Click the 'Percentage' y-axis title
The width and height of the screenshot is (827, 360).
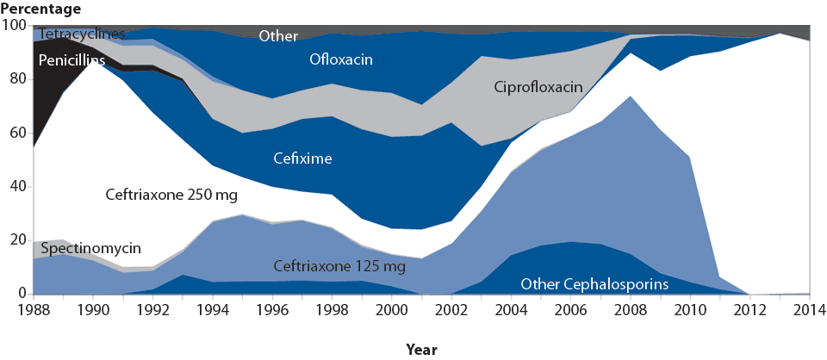41,9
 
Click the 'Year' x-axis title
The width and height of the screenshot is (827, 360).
421,349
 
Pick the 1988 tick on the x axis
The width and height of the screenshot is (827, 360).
33,309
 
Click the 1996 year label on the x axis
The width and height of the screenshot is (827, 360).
272,309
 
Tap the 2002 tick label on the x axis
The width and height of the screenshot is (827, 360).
451,309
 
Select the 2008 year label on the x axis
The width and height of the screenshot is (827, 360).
631,309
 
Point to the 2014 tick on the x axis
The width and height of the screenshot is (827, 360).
809,309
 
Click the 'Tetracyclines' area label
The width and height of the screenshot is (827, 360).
81,34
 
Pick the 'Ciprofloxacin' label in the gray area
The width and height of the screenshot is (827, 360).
538,87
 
